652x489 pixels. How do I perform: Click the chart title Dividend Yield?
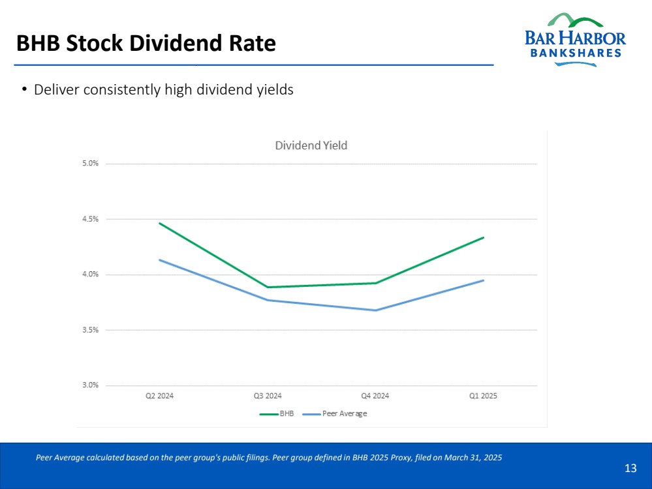pyautogui.click(x=311, y=145)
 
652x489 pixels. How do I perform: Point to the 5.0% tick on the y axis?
pyautogui.click(x=90, y=163)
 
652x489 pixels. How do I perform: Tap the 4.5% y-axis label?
pyautogui.click(x=90, y=219)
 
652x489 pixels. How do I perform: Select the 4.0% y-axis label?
pyautogui.click(x=90, y=274)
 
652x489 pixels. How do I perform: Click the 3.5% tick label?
pyautogui.click(x=90, y=330)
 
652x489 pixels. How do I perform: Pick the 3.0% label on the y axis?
pyautogui.click(x=90, y=385)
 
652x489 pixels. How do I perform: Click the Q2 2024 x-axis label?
pyautogui.click(x=159, y=396)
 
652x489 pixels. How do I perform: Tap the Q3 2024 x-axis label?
pyautogui.click(x=268, y=396)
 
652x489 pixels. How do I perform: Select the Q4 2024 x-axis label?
pyautogui.click(x=375, y=396)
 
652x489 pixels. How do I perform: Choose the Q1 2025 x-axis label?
pyautogui.click(x=483, y=396)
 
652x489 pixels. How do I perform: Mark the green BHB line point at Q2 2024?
pyautogui.click(x=160, y=223)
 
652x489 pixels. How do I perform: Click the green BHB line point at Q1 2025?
pyautogui.click(x=484, y=237)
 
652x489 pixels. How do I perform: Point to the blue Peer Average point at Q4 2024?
pyautogui.click(x=375, y=310)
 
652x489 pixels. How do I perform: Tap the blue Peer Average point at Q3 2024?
pyautogui.click(x=268, y=300)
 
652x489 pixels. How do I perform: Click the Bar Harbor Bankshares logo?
pyautogui.click(x=574, y=39)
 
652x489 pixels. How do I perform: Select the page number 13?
pyautogui.click(x=630, y=468)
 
